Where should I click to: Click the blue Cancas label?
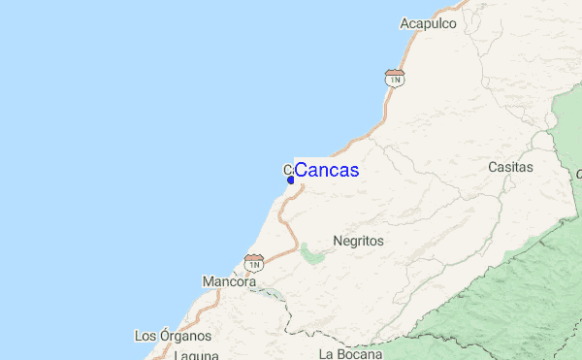[x=326, y=171]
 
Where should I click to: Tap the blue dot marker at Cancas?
[x=291, y=179]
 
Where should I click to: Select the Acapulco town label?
[x=428, y=23]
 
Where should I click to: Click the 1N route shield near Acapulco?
[x=393, y=78]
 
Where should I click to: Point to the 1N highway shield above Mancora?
[x=254, y=262]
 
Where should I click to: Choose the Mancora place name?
[x=229, y=282]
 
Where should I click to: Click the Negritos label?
[x=358, y=241]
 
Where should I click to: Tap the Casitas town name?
[x=510, y=167]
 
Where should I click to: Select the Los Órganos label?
[x=173, y=337]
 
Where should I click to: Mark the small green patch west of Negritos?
[x=311, y=254]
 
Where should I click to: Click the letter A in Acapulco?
[x=404, y=23]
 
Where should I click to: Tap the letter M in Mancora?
[x=208, y=282]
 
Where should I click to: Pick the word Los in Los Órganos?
[x=145, y=337]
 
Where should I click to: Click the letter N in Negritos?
[x=337, y=241]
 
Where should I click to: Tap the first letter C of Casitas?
[x=492, y=167]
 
